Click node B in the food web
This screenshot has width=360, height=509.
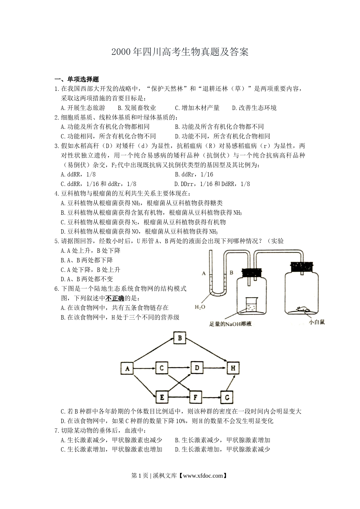point(180,338)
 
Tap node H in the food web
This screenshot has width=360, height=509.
point(233,368)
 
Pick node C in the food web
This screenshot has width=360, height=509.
point(162,368)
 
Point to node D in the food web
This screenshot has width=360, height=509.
point(197,368)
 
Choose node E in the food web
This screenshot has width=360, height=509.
point(162,397)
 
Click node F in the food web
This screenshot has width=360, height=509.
point(195,397)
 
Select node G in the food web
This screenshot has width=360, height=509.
point(227,397)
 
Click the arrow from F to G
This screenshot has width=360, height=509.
point(211,397)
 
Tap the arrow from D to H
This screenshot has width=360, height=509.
point(215,368)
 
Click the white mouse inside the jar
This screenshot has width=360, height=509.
point(302,309)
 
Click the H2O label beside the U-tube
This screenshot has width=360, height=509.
point(200,307)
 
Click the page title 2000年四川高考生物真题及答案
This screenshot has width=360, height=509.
point(180,52)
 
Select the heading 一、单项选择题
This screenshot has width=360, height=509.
point(77,79)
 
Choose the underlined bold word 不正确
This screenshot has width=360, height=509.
point(115,298)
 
